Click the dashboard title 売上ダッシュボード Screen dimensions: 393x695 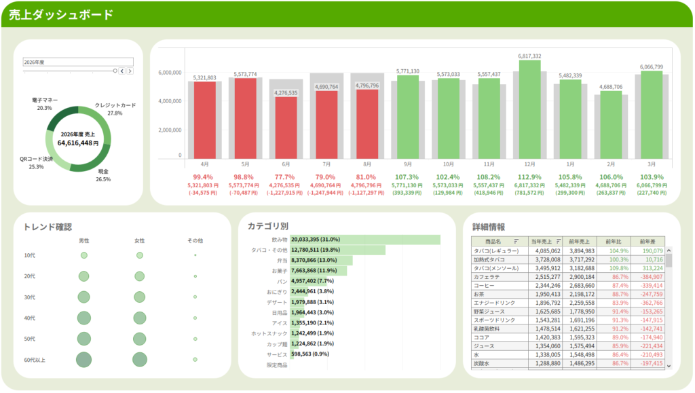[61, 15]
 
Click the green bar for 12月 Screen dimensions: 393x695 [529, 109]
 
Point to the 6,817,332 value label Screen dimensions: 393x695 [529, 56]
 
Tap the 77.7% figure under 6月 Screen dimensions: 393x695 [286, 176]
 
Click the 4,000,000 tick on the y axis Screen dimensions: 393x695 [169, 101]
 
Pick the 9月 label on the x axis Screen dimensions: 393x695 [407, 164]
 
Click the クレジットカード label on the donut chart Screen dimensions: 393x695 [115, 105]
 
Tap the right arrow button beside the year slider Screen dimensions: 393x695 [130, 71]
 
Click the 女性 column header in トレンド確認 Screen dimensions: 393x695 [140, 241]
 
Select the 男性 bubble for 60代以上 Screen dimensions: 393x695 [84, 360]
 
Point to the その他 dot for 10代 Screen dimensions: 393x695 [195, 255]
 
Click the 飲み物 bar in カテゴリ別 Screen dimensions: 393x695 [365, 240]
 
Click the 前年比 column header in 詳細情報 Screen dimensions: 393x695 [614, 241]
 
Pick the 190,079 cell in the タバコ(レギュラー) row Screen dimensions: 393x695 [650, 251]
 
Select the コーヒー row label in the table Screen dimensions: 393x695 [484, 286]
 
